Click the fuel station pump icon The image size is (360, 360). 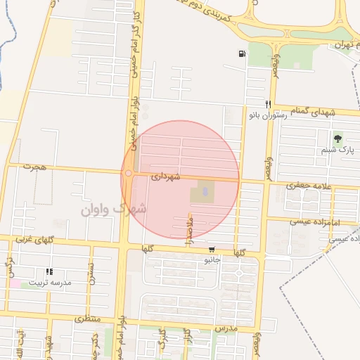tap(242, 54)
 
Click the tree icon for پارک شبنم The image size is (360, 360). tap(338, 139)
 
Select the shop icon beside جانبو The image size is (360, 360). tap(212, 250)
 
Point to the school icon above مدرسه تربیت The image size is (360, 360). tap(49, 271)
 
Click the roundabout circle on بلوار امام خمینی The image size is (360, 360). tap(129, 174)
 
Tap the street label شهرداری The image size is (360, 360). tap(166, 176)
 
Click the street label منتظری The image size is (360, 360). tap(89, 319)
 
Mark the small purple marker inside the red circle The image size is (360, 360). tap(205, 190)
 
